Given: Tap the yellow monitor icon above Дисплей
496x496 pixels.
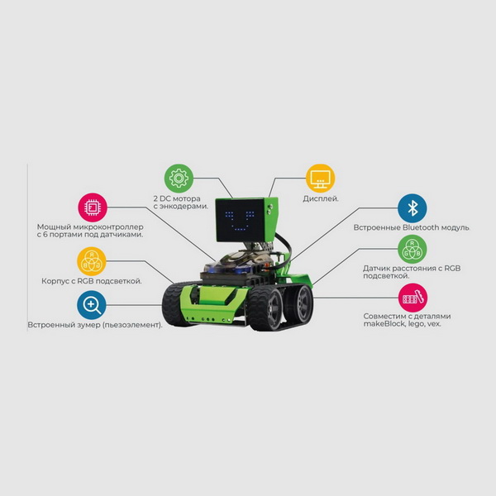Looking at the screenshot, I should (x=320, y=178).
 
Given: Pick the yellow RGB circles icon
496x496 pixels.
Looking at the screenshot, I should (x=92, y=260).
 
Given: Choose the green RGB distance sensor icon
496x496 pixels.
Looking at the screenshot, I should (x=413, y=250).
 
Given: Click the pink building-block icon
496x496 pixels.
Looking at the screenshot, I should (x=413, y=297).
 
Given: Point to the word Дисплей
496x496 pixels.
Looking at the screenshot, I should (x=319, y=199).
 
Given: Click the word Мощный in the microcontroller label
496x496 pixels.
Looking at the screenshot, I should (x=55, y=227).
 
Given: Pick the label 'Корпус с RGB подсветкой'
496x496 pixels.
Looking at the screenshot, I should (x=91, y=281).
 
